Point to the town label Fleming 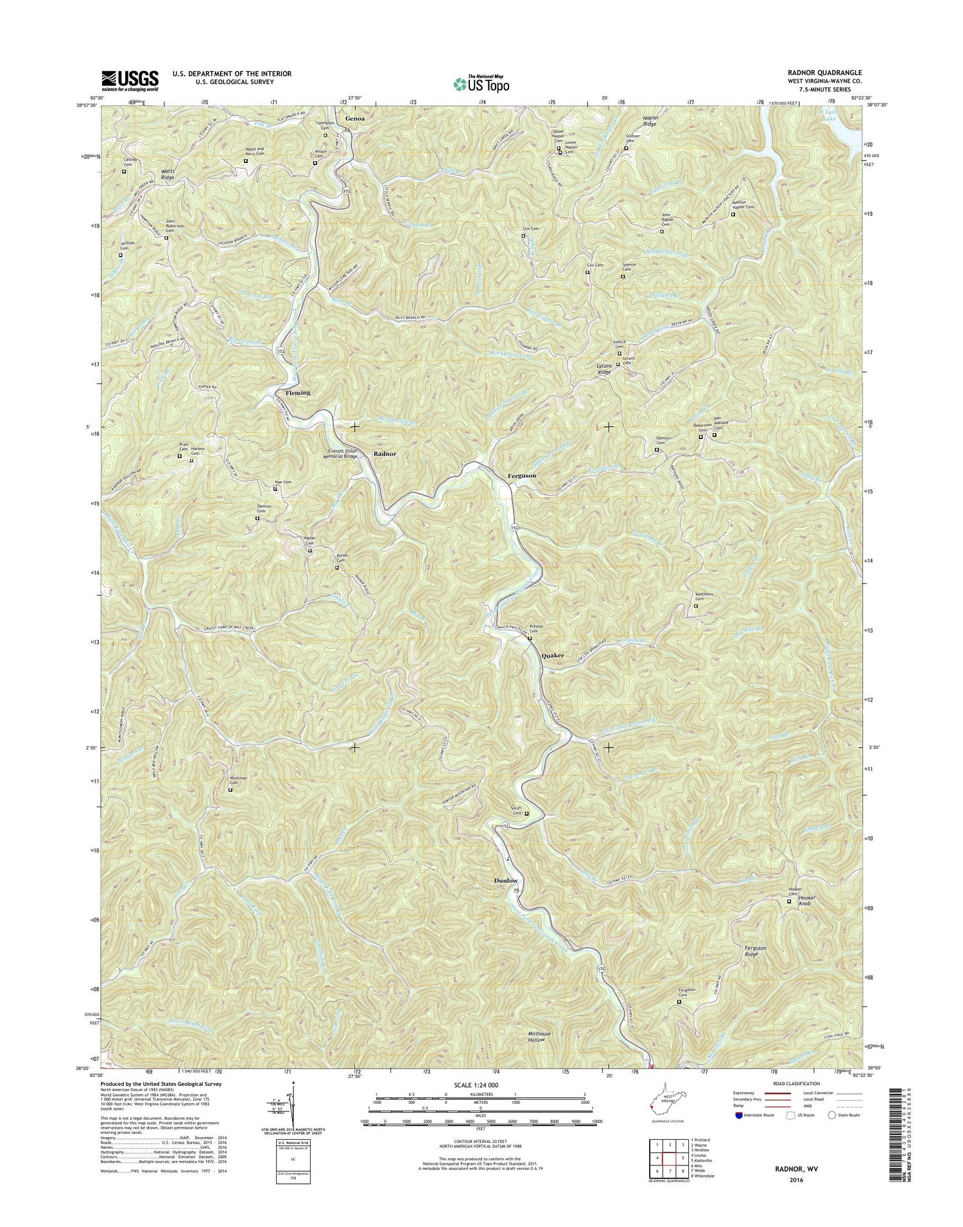click(297, 392)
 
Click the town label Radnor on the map click(385, 454)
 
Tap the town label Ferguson click(521, 476)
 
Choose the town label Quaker click(553, 655)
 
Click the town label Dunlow click(505, 880)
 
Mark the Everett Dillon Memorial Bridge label click(342, 454)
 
